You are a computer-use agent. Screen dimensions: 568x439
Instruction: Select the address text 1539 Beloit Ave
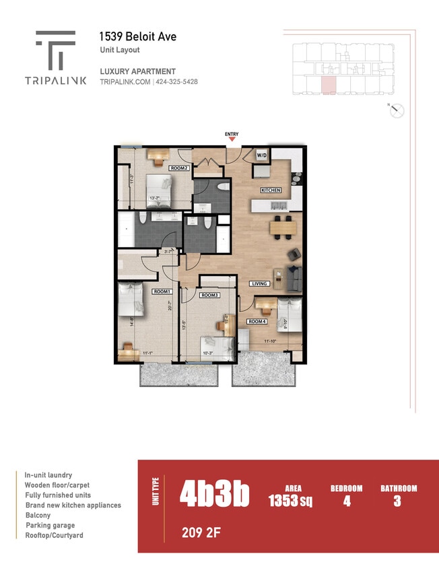click(139, 37)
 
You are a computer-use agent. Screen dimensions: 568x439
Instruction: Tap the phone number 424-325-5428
click(177, 81)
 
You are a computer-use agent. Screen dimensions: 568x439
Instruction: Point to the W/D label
click(261, 155)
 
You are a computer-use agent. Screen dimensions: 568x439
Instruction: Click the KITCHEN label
click(271, 190)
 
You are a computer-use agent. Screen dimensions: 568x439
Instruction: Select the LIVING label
click(259, 283)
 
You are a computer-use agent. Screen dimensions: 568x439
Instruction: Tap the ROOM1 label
click(161, 291)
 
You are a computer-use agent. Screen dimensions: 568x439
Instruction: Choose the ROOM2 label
click(178, 168)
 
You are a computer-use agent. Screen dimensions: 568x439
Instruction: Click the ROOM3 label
click(209, 295)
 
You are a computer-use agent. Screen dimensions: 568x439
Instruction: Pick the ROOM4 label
click(256, 322)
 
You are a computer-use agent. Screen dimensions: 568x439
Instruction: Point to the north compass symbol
click(396, 110)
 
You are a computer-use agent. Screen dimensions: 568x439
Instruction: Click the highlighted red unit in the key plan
click(328, 85)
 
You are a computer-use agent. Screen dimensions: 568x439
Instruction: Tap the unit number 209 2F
click(200, 534)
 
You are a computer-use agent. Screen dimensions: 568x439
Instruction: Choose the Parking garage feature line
click(50, 525)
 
